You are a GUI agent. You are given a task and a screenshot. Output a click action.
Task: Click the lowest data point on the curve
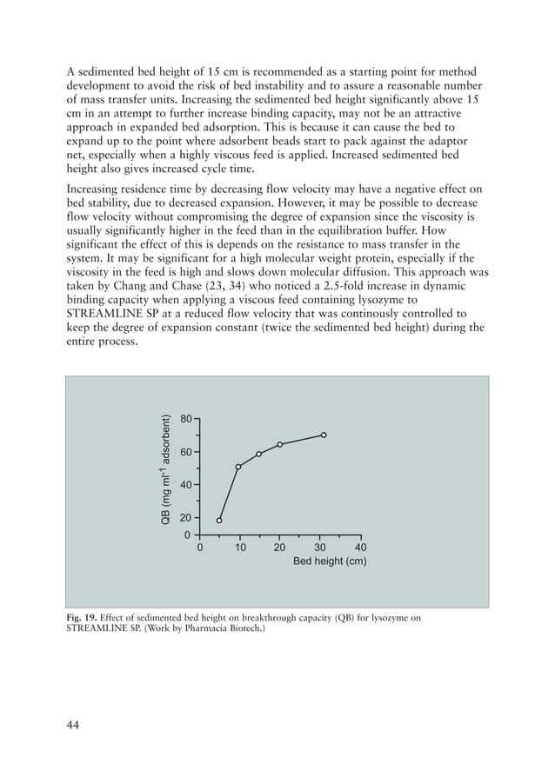(219, 521)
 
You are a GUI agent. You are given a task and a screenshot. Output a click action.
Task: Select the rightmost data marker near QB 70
(324, 435)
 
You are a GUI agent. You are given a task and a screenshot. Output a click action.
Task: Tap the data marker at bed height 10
(238, 467)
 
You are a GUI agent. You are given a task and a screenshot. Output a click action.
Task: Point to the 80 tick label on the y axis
(185, 420)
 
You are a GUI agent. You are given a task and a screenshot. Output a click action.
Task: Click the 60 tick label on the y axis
(185, 453)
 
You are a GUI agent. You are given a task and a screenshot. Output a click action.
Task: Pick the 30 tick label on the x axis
(319, 548)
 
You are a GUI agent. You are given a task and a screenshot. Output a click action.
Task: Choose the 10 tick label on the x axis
(239, 548)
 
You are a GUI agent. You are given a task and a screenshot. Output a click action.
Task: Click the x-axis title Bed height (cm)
(329, 561)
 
